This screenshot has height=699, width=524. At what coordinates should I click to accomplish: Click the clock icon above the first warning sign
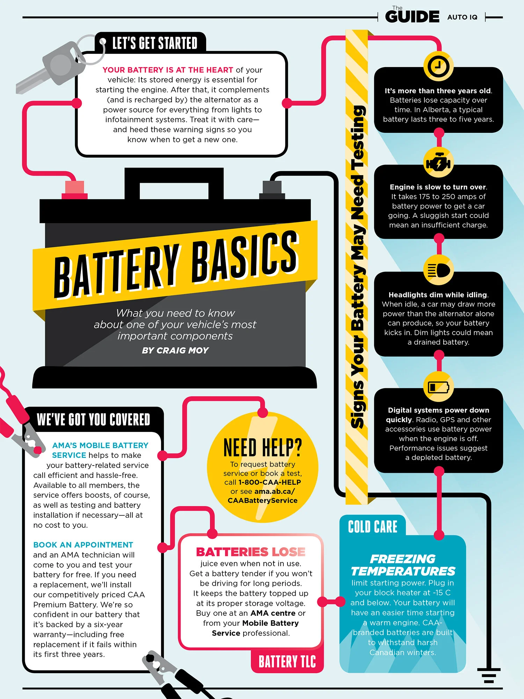[438, 66]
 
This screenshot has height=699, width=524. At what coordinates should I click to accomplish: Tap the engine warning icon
[438, 163]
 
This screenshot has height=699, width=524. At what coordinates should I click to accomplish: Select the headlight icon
[438, 270]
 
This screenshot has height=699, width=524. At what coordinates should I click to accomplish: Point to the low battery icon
[438, 387]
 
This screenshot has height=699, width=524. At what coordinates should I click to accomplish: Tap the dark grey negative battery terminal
[272, 189]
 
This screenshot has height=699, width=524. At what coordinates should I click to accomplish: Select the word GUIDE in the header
[412, 17]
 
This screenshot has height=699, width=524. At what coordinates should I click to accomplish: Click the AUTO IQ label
[462, 17]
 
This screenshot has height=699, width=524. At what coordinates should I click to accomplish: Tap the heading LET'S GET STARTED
[155, 43]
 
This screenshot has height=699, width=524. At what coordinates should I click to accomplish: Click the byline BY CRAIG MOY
[175, 350]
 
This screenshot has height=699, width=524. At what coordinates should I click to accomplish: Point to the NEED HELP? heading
[262, 448]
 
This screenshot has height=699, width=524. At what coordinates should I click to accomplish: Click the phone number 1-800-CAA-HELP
[269, 482]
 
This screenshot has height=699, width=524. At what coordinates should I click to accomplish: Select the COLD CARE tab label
[372, 527]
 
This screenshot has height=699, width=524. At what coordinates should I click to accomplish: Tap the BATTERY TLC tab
[287, 662]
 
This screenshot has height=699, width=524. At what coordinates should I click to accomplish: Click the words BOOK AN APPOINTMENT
[83, 545]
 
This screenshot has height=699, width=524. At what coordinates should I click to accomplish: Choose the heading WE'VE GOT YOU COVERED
[93, 419]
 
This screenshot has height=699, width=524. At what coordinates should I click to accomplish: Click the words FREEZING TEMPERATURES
[403, 565]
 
